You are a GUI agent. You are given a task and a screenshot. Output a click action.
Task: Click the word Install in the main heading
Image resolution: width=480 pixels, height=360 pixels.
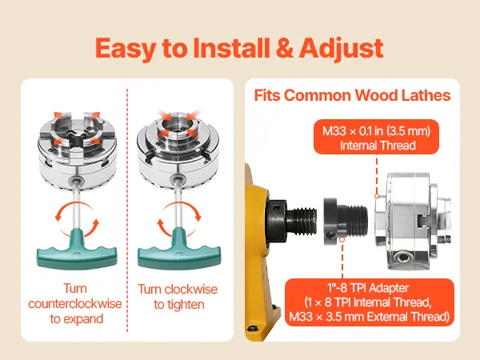231,48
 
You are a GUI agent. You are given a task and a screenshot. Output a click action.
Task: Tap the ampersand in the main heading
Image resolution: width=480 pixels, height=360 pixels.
284,48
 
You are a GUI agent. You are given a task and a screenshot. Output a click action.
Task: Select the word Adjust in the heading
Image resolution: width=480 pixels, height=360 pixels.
341,49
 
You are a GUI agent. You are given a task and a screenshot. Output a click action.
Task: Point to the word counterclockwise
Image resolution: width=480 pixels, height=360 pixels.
75,304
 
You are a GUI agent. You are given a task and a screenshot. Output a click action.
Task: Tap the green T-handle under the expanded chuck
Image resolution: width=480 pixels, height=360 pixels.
77,249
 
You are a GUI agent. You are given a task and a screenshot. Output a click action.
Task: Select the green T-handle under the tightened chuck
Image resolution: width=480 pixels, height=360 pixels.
179,249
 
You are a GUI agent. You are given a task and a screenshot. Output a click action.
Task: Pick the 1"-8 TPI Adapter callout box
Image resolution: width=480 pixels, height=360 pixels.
370,302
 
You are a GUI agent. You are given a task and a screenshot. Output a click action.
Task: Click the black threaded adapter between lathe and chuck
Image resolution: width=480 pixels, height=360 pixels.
346,221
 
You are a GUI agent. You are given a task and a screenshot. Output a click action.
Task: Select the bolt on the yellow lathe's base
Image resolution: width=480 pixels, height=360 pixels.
253,329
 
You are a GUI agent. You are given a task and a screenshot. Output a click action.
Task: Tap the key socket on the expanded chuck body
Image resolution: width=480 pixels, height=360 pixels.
76,180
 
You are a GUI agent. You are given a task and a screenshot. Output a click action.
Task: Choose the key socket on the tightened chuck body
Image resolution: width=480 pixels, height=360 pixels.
177,178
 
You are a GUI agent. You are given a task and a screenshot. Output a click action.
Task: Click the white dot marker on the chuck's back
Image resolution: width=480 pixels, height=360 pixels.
377,196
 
